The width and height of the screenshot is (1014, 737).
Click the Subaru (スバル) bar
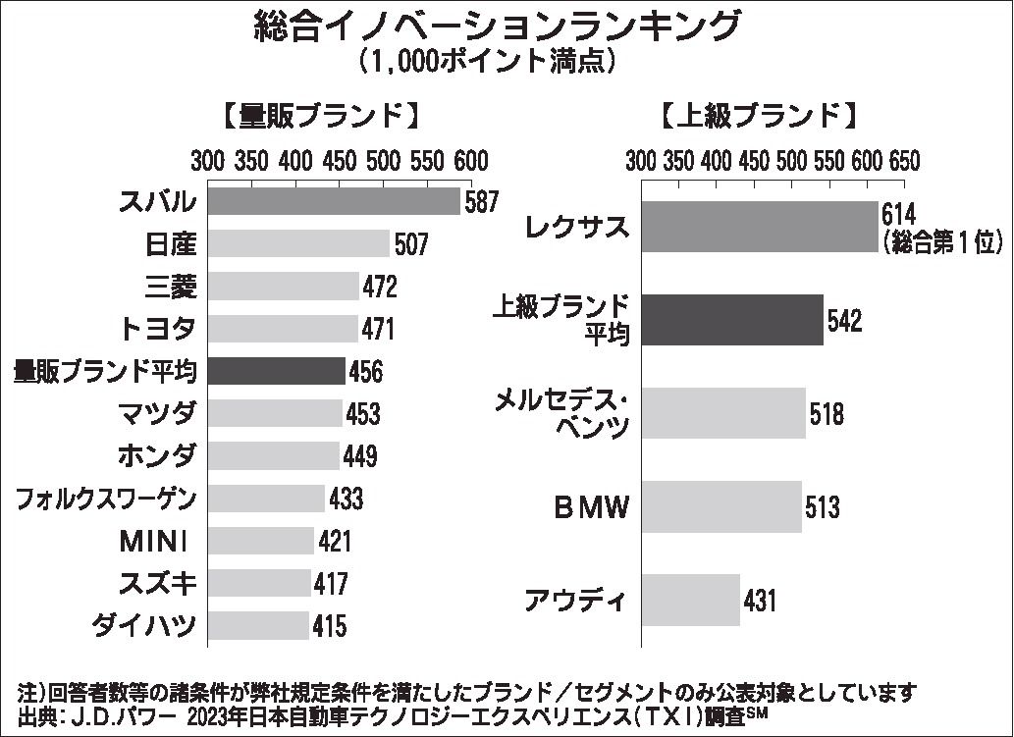(x=334, y=201)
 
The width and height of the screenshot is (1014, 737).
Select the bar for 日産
(x=298, y=243)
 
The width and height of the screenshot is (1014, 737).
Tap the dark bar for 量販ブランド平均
(x=277, y=371)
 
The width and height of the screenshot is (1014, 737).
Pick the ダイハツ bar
(x=258, y=625)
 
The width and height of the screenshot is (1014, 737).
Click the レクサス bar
(x=759, y=227)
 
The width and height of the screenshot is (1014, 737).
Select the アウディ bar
(x=690, y=600)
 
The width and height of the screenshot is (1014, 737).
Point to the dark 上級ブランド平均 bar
(x=732, y=320)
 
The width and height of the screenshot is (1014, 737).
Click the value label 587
(x=481, y=202)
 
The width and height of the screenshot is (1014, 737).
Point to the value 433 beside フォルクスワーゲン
(x=346, y=499)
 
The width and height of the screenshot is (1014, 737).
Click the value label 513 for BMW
(x=823, y=507)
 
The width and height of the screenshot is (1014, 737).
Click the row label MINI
(x=157, y=541)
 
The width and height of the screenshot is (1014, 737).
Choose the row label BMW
(x=587, y=507)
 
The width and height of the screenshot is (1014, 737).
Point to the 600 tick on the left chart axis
(x=470, y=160)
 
